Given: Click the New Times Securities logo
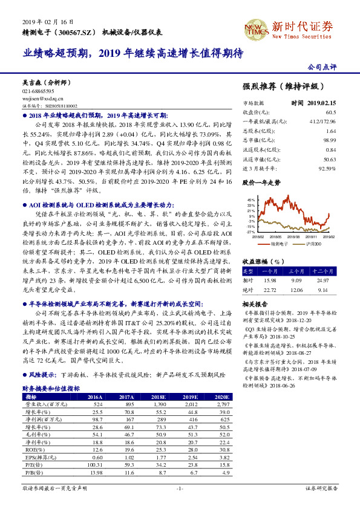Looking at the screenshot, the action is coord(254,27).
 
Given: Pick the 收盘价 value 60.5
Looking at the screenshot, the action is coord(330,112).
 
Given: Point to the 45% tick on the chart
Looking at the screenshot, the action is coord(251,199).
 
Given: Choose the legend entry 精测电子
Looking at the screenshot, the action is coord(280,244).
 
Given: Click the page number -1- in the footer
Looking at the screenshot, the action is coord(180,487).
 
